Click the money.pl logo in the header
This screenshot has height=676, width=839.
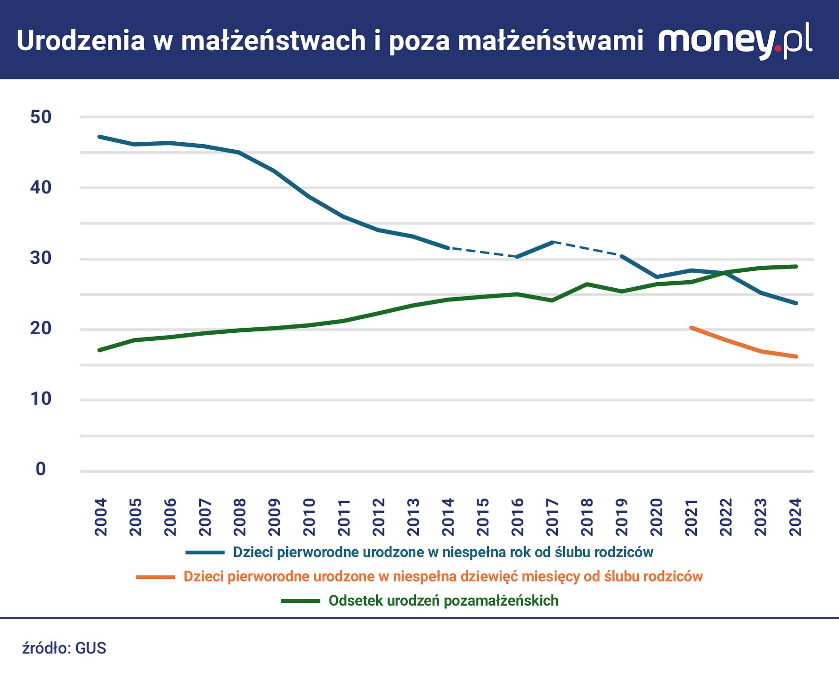point(735,40)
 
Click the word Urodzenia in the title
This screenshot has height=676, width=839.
point(81,40)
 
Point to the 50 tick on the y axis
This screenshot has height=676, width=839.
point(40,117)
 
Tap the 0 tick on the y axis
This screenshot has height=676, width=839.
point(40,469)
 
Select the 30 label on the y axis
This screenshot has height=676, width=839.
point(40,258)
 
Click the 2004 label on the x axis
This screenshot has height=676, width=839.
point(101,517)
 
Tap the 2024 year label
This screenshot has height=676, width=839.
point(795,517)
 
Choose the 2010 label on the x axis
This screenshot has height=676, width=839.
point(309,517)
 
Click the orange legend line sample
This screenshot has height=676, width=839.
point(155,576)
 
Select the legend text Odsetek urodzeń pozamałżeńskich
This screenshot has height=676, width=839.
point(443,600)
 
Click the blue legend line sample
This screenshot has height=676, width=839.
point(205,553)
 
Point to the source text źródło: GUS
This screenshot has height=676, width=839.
point(64,648)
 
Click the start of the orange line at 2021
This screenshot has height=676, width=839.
point(691,328)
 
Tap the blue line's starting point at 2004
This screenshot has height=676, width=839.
point(99,137)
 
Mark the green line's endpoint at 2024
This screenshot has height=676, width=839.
point(796,266)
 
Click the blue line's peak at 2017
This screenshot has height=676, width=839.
point(553,242)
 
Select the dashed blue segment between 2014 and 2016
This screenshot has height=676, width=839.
point(482,252)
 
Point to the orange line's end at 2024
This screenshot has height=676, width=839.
point(796,356)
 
